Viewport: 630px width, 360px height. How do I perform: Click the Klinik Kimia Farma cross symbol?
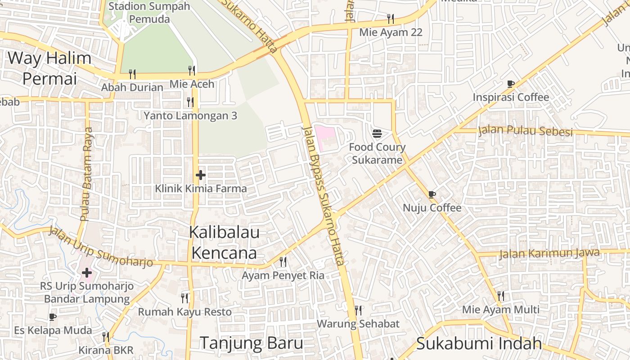coord(201,175)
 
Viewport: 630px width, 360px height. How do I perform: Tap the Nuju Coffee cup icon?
coord(432,194)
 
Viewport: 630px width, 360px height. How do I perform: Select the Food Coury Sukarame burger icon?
coord(377,133)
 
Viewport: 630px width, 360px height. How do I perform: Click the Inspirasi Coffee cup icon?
coord(510,84)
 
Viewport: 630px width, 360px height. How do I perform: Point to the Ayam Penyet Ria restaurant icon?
coord(283,261)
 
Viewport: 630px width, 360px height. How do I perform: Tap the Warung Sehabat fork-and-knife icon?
coord(358,310)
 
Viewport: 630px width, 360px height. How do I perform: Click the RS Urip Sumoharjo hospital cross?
coord(86,272)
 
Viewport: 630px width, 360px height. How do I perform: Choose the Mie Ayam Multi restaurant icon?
coord(500,296)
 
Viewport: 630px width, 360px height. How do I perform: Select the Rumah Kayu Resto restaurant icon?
coord(184,298)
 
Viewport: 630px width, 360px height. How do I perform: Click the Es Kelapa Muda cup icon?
coord(53,317)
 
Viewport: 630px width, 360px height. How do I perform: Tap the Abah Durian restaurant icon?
coord(132,74)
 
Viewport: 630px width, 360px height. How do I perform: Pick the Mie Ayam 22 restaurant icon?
coord(391,18)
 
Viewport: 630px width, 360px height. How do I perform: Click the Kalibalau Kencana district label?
coord(224,243)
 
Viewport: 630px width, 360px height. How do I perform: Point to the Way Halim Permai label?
coord(49,68)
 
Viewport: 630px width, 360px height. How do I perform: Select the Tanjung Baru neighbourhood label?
coord(252,343)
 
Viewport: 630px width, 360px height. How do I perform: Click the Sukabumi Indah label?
coord(479,343)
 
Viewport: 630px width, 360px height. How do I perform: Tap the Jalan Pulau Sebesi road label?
coord(525,130)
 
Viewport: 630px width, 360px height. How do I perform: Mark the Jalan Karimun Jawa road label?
coord(549,253)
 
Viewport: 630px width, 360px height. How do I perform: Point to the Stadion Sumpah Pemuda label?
coord(149,13)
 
